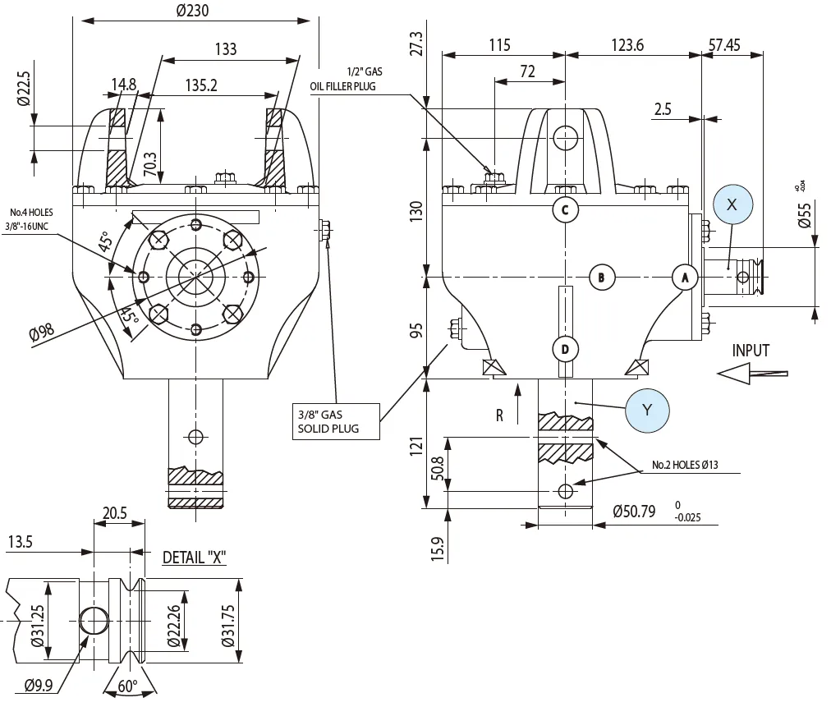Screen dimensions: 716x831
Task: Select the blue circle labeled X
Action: click(x=732, y=204)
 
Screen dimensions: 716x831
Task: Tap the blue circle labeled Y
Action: click(x=646, y=409)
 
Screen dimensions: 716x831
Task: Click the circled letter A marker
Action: click(x=684, y=278)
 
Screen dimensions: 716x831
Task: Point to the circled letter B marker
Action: click(x=602, y=278)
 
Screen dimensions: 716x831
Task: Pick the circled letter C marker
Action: click(x=565, y=209)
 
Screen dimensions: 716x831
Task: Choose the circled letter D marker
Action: click(x=565, y=349)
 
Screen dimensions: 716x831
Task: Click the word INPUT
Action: click(x=751, y=351)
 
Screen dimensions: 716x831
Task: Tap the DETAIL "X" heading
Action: click(x=194, y=558)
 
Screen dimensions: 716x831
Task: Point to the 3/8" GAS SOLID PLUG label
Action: click(x=337, y=420)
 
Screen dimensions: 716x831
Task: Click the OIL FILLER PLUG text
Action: click(x=342, y=85)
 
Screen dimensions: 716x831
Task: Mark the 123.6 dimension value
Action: click(x=627, y=44)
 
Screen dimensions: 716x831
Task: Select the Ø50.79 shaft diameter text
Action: click(x=634, y=512)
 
